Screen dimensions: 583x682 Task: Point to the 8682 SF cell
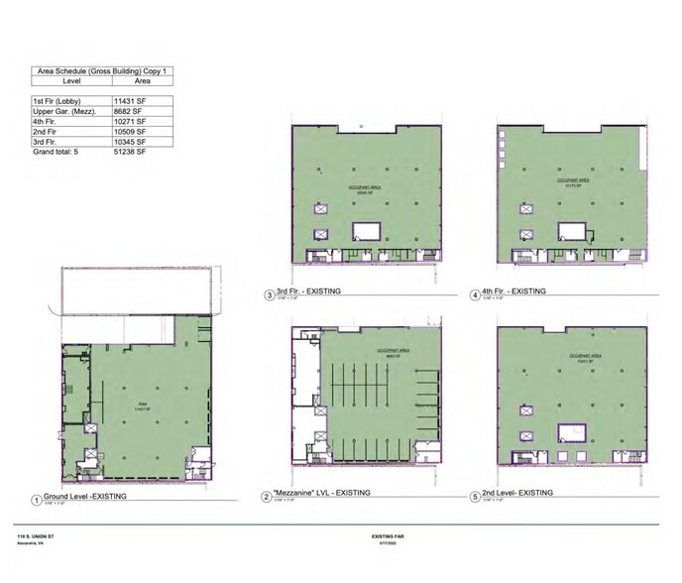[129, 111]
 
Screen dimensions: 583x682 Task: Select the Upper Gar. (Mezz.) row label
[63, 111]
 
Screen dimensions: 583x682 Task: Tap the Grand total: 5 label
[56, 151]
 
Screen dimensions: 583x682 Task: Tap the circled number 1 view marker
[36, 501]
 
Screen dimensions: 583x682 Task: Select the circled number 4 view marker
[475, 293]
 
